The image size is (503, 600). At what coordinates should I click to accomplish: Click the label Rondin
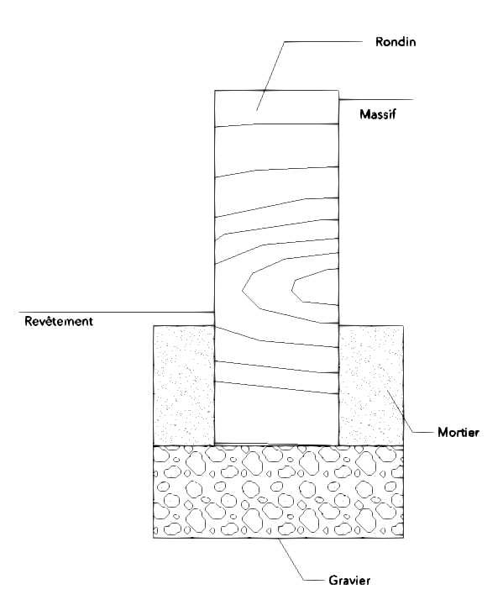click(396, 41)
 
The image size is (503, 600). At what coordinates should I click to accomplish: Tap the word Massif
click(378, 114)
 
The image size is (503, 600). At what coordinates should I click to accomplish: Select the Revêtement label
click(59, 321)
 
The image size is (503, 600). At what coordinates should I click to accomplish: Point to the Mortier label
click(458, 433)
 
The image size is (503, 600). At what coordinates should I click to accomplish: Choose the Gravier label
click(349, 581)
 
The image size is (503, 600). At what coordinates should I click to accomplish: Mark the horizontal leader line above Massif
click(376, 100)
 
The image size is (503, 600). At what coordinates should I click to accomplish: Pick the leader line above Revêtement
click(116, 313)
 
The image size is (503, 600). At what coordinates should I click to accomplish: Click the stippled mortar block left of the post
click(184, 386)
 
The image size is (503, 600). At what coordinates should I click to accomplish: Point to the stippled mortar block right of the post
click(371, 386)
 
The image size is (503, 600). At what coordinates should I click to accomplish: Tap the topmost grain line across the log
click(276, 124)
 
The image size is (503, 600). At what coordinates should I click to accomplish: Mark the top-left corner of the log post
click(215, 90)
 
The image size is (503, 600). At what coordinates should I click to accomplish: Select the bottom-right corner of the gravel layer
click(404, 538)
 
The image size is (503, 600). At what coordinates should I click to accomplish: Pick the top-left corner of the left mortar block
click(154, 326)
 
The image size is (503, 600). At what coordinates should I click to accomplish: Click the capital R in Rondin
click(379, 41)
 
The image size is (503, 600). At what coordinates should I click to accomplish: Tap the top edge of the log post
click(276, 90)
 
